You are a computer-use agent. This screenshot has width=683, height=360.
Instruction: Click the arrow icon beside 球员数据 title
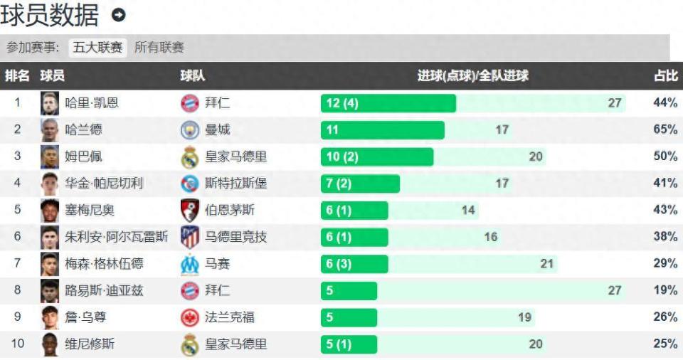point(119,15)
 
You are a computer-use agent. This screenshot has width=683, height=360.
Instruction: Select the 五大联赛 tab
point(97,48)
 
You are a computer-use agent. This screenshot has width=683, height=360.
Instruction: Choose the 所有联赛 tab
point(159,48)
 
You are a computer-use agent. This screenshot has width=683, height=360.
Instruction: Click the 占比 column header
point(665,75)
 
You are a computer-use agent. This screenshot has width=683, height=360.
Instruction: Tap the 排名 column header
point(17,75)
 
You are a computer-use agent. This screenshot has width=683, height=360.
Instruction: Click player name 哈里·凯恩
point(92,103)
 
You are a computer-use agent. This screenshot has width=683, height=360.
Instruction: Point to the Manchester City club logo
point(189,130)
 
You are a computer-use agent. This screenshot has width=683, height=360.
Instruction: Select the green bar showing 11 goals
point(382,130)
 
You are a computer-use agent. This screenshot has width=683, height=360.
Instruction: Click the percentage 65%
point(665,129)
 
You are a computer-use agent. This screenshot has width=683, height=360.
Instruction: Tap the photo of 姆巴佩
point(49,157)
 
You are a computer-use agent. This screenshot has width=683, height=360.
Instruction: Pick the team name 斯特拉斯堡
point(235,184)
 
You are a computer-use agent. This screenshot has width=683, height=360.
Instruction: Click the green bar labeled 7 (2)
point(360,184)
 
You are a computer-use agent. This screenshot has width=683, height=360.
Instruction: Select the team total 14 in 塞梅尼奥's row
point(467,211)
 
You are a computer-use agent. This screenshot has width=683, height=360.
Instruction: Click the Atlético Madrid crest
point(189,237)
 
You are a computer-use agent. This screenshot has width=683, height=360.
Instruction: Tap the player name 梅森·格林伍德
point(104,264)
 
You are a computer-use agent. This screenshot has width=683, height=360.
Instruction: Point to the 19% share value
point(665,290)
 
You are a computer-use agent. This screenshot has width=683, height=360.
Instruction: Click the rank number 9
point(17,317)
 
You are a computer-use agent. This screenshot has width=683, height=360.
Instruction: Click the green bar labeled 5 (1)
point(349,344)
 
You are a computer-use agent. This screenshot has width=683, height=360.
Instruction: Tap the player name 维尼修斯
point(89,344)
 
